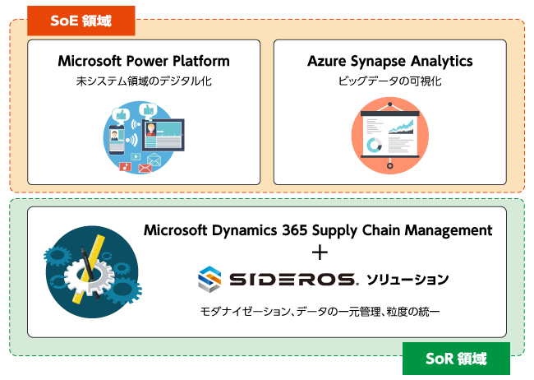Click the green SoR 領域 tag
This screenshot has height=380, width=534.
click(457, 359)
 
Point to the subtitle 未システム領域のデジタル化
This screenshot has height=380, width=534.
click(144, 81)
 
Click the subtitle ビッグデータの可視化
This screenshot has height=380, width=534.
click(389, 81)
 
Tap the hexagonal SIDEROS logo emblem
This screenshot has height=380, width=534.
click(210, 280)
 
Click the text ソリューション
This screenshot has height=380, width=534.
click(407, 280)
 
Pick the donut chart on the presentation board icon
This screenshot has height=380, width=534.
click(375, 145)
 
